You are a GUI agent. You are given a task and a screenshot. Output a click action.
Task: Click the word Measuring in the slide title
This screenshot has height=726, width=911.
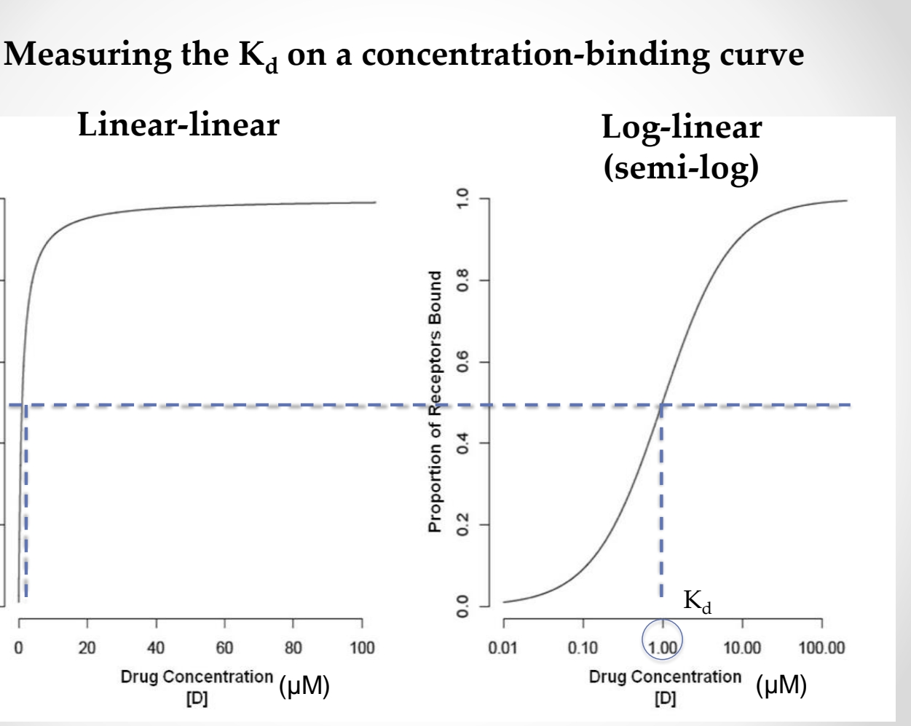(87, 56)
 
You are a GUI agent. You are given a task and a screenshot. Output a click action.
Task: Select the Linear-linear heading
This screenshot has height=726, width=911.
(178, 125)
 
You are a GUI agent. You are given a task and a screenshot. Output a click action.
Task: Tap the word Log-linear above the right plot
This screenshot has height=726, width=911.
(682, 128)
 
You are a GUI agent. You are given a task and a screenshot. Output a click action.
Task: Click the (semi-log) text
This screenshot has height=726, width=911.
(681, 167)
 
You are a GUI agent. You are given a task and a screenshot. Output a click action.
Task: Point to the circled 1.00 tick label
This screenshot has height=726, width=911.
(663, 647)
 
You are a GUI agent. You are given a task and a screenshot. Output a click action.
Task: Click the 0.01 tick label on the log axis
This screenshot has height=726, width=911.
(503, 647)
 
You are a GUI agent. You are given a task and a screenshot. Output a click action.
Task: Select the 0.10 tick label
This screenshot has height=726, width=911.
(583, 647)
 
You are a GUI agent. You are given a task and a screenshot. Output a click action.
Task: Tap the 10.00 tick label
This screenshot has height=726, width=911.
(742, 647)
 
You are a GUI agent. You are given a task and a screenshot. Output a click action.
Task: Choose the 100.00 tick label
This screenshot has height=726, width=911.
(821, 647)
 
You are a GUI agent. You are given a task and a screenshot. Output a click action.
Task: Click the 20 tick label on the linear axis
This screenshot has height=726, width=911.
(87, 647)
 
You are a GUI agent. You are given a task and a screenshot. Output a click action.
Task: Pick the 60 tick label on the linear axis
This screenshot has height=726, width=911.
(224, 647)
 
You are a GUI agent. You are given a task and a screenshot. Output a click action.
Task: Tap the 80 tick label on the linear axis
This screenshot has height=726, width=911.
(293, 647)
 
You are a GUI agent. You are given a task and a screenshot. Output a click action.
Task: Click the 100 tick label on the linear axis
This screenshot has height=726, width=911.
(362, 647)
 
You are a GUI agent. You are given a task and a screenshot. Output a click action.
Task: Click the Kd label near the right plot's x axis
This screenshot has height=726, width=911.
(697, 601)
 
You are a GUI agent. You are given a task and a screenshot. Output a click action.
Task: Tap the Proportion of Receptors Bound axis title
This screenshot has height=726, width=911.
(435, 401)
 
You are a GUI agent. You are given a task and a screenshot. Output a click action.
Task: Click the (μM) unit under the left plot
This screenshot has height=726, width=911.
(304, 686)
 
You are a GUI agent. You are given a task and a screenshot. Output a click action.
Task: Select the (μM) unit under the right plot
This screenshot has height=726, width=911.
(781, 686)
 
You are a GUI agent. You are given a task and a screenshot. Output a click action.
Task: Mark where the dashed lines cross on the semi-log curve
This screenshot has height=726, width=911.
(662, 405)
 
